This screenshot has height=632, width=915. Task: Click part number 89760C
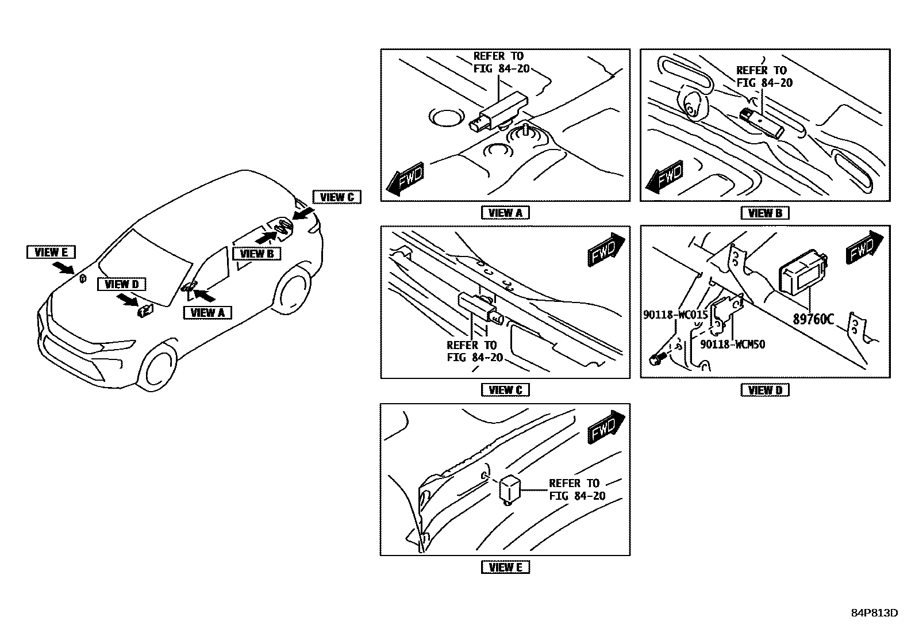tap(813, 319)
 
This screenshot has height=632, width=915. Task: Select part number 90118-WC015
tap(675, 315)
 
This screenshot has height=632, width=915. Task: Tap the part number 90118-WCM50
tap(732, 344)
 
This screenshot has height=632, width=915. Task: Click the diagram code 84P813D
tap(874, 613)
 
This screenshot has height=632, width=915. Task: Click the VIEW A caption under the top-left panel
tap(505, 213)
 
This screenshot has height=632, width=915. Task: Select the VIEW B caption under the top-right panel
tap(764, 213)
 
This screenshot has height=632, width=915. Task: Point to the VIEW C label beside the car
tap(336, 197)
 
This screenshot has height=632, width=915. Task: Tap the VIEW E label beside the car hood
tap(51, 252)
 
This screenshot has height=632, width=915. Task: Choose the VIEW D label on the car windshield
tap(121, 284)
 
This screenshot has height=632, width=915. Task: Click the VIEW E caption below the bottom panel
tap(505, 567)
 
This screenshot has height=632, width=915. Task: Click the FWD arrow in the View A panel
tap(405, 178)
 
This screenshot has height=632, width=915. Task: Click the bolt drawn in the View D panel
tap(655, 359)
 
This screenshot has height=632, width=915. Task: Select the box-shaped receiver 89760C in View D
tap(801, 274)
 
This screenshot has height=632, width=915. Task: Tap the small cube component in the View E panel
tap(509, 489)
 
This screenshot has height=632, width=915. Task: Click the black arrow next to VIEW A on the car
tap(204, 296)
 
